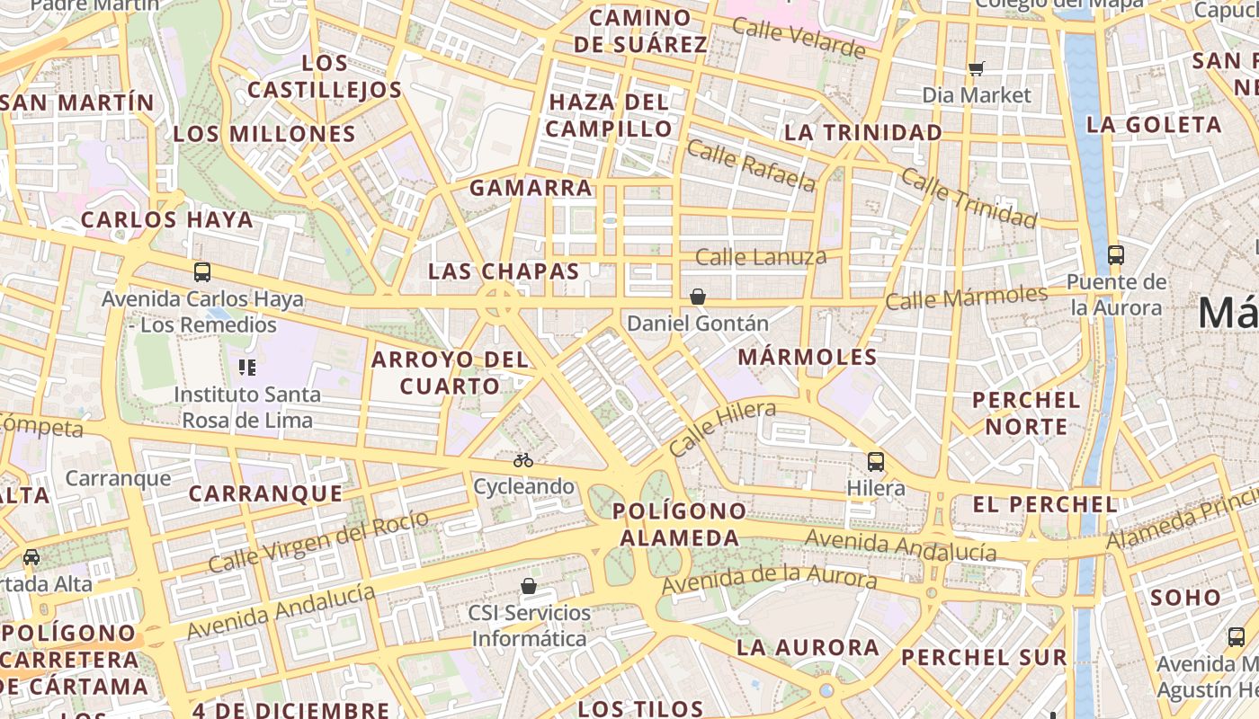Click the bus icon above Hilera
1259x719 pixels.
click(876, 462)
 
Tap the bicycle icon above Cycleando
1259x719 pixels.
click(523, 460)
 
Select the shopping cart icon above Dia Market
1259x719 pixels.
click(977, 68)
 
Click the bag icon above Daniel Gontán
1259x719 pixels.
click(697, 297)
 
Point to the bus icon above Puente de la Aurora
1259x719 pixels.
click(1116, 255)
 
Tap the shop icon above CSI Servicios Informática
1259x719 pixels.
click(529, 586)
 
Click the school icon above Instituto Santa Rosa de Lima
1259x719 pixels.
click(246, 367)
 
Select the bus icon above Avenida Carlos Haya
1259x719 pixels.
click(202, 272)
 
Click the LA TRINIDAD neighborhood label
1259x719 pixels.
click(863, 133)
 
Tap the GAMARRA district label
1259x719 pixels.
click(531, 188)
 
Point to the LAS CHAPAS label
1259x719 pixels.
click(504, 271)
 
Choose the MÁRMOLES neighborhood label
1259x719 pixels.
click(808, 357)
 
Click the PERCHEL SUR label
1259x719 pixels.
click(984, 657)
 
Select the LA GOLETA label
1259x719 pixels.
click(1154, 125)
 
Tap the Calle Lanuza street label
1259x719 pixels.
click(761, 258)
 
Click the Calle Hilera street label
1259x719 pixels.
click(722, 429)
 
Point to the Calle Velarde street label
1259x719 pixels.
click(799, 37)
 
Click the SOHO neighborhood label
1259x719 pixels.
click(1185, 597)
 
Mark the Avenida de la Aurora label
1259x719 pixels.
click(769, 579)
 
